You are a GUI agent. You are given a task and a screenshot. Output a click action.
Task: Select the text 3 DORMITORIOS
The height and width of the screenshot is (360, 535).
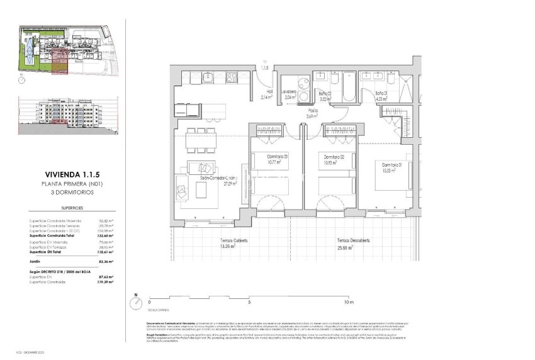pos(69,193)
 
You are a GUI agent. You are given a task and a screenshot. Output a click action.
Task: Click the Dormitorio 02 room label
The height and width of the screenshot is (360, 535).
pos(331,157)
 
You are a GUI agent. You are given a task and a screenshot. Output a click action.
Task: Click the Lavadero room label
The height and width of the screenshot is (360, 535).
pos(290,91)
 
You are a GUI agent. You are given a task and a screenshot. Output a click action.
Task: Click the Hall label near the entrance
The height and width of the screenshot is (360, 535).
pos(268,91)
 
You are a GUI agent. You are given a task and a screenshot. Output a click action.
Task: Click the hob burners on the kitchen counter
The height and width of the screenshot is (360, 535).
pos(231,79)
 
